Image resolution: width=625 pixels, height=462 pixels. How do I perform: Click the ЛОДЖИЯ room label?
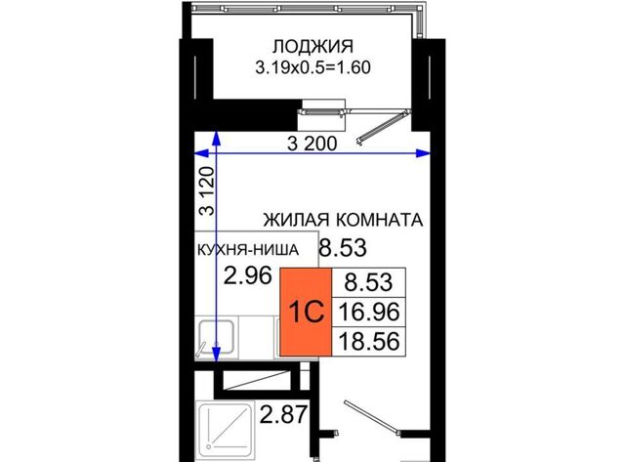312,47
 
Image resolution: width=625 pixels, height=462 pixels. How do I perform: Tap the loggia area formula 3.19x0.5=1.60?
312,67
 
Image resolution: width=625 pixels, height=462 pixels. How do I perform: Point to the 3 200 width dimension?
312,144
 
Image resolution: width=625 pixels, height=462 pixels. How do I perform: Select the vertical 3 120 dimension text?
208,190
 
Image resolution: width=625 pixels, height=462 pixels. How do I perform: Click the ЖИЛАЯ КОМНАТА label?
343,220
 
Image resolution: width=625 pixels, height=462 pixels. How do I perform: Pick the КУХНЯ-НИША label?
248,250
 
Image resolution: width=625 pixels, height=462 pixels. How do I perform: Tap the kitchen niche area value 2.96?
247,275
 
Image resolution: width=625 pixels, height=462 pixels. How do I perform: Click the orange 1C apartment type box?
306,312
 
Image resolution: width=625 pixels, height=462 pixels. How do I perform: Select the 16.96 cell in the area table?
369,313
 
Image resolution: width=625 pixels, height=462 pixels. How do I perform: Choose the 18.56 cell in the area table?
369,342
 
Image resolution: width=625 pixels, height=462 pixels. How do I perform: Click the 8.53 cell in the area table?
369,282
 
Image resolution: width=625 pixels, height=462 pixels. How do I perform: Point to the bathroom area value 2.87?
283,414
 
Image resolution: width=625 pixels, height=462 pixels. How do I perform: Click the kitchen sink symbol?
216,337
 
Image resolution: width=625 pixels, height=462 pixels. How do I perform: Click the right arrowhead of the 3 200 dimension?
424,153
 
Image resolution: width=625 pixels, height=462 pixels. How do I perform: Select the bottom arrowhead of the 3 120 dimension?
216,355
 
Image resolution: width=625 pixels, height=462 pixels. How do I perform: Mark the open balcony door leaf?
383,128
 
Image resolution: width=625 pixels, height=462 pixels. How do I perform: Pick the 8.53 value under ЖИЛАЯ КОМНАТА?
343,248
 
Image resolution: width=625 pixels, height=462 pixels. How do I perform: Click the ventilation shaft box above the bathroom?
256,380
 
